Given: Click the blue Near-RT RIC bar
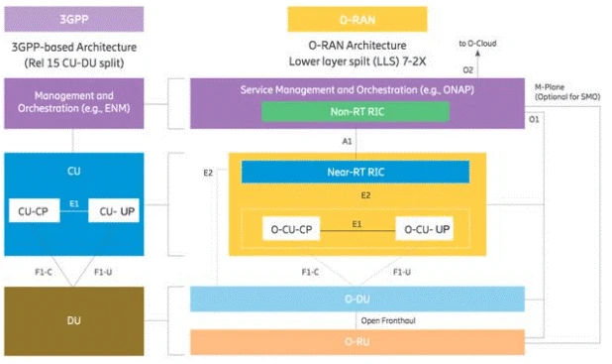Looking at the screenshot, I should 355,172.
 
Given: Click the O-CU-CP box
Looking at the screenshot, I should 295,229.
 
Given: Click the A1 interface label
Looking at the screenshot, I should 349,141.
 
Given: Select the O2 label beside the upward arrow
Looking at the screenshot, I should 468,69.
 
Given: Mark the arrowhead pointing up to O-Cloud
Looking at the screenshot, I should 480,56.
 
